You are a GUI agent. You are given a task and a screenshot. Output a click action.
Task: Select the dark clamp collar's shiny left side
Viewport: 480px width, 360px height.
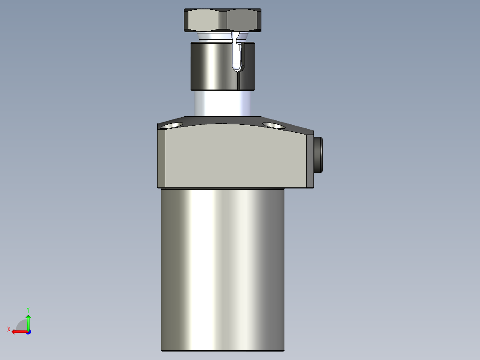pos(209,65)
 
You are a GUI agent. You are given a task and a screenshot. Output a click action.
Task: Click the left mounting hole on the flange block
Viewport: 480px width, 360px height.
pos(172,125)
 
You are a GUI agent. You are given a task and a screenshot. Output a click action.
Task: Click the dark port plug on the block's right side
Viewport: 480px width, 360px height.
pos(318,154)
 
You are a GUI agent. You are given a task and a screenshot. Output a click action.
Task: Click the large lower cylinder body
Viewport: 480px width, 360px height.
pos(222,267)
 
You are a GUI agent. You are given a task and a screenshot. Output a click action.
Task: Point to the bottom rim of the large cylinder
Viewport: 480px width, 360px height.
pos(222,350)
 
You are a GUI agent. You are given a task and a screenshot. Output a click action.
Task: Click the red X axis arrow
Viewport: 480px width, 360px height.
pos(18,331)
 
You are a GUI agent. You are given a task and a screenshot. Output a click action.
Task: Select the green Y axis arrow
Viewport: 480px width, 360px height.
pos(28,321)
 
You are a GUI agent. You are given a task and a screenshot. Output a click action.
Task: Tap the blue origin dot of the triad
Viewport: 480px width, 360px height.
pos(28,331)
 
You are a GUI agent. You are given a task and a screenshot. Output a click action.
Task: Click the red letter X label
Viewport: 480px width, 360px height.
pos(9,329)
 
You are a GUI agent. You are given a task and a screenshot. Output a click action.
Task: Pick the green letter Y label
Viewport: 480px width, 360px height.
pos(28,309)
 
